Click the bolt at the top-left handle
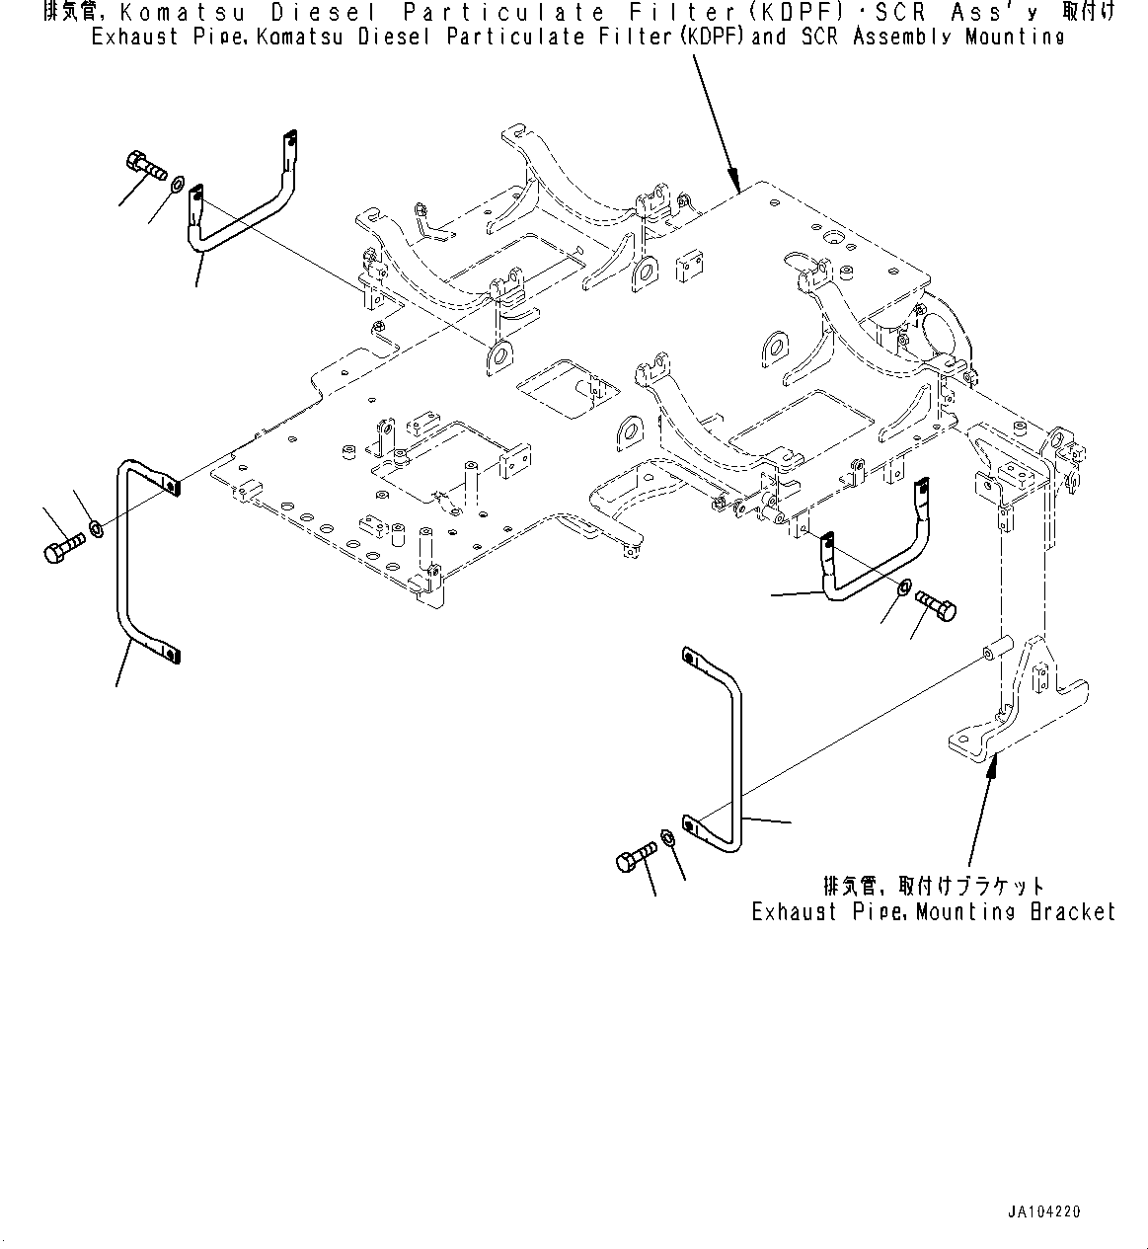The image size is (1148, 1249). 146,165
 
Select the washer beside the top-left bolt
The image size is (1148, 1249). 178,185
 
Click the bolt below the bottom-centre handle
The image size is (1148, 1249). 636,856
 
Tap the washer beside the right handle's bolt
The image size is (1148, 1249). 904,588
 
